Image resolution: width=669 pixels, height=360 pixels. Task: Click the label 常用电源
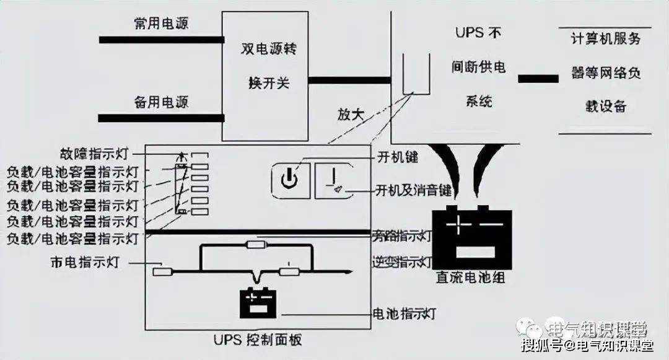click(x=161, y=24)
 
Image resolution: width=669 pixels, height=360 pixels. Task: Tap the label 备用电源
click(x=161, y=101)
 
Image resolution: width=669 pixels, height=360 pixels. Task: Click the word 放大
click(x=351, y=115)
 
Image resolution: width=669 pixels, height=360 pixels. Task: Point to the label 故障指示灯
click(x=98, y=153)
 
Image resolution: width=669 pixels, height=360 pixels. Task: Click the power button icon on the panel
click(x=289, y=180)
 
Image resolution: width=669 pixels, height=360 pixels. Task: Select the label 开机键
click(x=397, y=157)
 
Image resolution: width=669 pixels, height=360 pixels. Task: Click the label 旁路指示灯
click(x=401, y=236)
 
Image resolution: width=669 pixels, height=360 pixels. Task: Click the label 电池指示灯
click(x=403, y=314)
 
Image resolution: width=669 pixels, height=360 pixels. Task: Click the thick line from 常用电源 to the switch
click(x=161, y=40)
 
